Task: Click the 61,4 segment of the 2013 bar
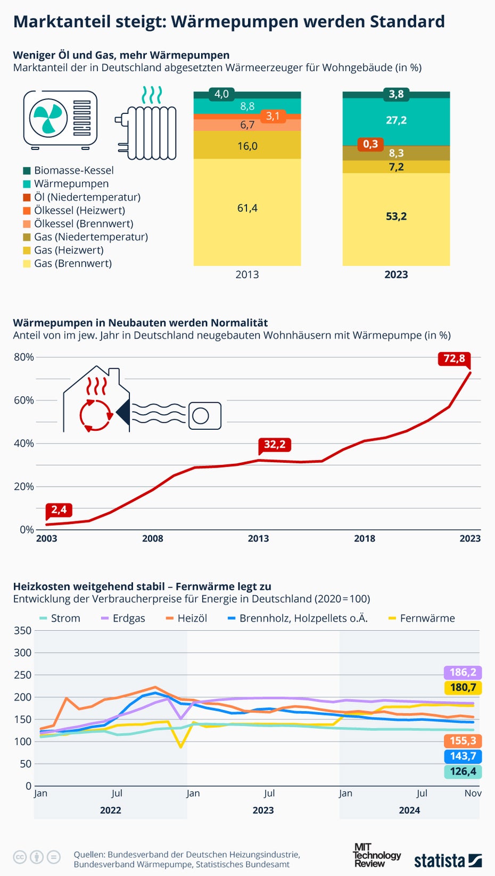pyautogui.click(x=247, y=208)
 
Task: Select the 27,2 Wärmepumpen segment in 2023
pyautogui.click(x=396, y=121)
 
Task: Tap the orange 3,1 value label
pyautogui.click(x=273, y=116)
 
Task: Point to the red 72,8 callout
pyautogui.click(x=454, y=358)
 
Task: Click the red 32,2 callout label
pyautogui.click(x=275, y=445)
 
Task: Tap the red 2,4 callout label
pyautogui.click(x=59, y=510)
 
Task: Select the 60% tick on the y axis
pyautogui.click(x=23, y=401)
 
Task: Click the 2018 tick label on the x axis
pyautogui.click(x=365, y=539)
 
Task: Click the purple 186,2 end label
pyautogui.click(x=463, y=673)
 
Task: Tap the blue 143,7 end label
pyautogui.click(x=463, y=756)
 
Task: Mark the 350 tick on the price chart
pyautogui.click(x=22, y=631)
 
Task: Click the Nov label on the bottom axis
pyautogui.click(x=473, y=794)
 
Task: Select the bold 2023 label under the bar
pyautogui.click(x=396, y=275)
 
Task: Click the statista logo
pyautogui.click(x=448, y=860)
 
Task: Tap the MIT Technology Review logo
pyautogui.click(x=376, y=855)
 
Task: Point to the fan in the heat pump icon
pyautogui.click(x=48, y=118)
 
